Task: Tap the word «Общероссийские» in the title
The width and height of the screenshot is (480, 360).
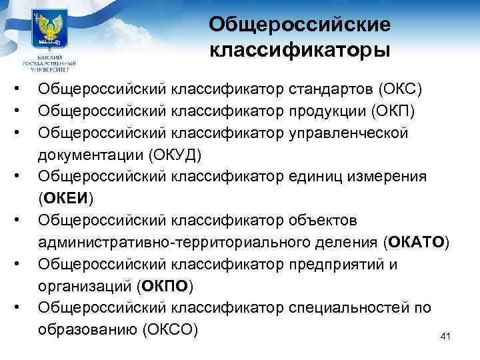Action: tap(299, 24)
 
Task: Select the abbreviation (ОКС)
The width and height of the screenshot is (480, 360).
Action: tap(400, 89)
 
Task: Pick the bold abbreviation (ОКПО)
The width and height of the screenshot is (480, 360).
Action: tap(164, 286)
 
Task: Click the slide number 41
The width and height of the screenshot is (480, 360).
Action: tap(445, 336)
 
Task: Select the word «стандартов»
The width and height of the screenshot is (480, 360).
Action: tap(331, 89)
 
